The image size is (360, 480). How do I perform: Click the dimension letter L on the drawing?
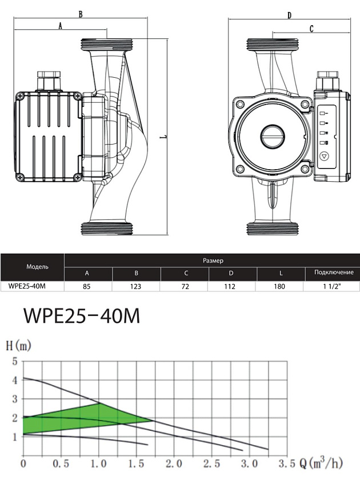pos(163,137)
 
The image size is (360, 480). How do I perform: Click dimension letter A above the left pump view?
pos(60,25)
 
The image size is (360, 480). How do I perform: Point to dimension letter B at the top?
pos(81,14)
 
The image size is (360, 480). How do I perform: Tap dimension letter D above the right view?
pos(290,15)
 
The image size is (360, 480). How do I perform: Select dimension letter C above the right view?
pos(311,28)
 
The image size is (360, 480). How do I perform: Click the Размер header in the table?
pos(213,261)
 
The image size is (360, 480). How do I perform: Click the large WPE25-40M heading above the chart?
pos(81,316)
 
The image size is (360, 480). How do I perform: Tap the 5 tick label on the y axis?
pos(15,361)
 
